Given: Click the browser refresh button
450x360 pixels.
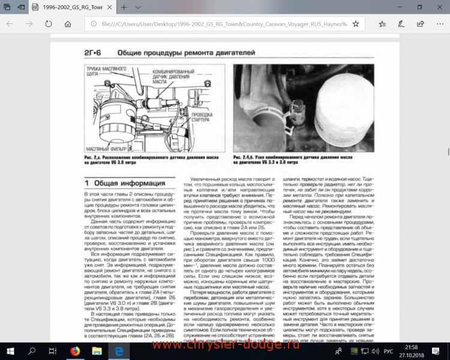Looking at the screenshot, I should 47,24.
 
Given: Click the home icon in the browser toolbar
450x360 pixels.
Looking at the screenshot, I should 68,24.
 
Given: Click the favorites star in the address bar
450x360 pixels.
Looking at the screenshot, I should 356,24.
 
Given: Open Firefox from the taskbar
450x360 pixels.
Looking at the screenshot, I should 74,350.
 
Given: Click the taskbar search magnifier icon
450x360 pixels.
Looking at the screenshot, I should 32,350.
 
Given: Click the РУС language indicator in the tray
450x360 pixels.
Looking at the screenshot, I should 389,350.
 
